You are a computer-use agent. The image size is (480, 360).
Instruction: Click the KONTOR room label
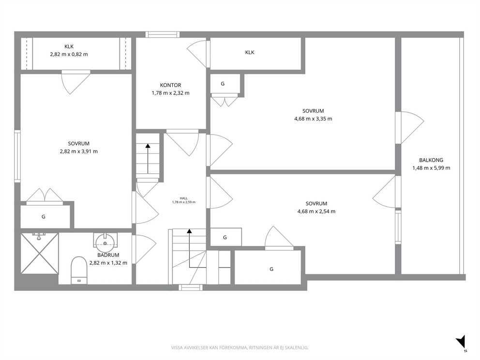pyautogui.click(x=170, y=85)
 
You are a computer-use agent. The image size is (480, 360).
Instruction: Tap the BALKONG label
pyautogui.click(x=431, y=160)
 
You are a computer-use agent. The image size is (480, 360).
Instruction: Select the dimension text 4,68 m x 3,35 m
pyautogui.click(x=313, y=119)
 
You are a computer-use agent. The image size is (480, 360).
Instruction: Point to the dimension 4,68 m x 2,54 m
pyautogui.click(x=316, y=211)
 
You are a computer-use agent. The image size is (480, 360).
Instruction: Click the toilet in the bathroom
pyautogui.click(x=79, y=270)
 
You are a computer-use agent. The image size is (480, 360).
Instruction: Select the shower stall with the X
pyautogui.click(x=40, y=253)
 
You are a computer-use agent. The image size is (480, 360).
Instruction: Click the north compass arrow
pyautogui.click(x=461, y=342)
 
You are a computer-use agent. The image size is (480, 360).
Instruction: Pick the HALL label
pyautogui.click(x=184, y=198)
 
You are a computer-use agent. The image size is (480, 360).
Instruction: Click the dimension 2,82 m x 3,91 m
pyautogui.click(x=79, y=151)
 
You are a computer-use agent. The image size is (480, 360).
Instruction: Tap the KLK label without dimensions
pyautogui.click(x=250, y=52)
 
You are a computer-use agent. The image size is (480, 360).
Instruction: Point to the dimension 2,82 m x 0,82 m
pyautogui.click(x=69, y=55)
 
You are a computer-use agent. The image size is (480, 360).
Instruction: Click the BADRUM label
pyautogui.click(x=108, y=255)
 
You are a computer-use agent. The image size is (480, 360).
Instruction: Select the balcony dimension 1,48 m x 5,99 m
pyautogui.click(x=431, y=168)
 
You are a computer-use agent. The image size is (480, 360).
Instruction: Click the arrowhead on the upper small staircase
pyautogui.click(x=148, y=146)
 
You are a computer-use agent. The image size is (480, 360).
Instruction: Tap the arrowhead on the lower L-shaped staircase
pyautogui.click(x=190, y=231)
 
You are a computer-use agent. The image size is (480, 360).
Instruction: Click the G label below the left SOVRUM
pyautogui.click(x=44, y=217)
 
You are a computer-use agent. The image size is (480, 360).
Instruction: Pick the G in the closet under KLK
pyautogui.click(x=223, y=84)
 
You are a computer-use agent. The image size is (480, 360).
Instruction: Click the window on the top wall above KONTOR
pyautogui.click(x=162, y=34)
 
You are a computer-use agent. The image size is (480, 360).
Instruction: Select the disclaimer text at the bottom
pyautogui.click(x=240, y=348)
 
